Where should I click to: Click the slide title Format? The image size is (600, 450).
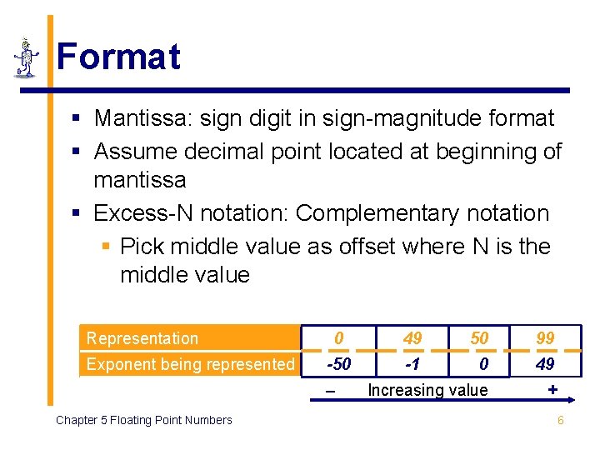pos(118,57)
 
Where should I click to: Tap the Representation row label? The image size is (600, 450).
pos(142,338)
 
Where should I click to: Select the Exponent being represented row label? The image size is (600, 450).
pos(191,364)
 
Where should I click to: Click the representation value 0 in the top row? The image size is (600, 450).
pos(338,338)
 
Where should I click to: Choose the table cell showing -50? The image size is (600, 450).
pos(338,364)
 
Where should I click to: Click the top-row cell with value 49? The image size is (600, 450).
pos(412,338)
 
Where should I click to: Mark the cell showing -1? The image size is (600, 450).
pos(412,364)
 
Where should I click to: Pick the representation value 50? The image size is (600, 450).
pos(479,338)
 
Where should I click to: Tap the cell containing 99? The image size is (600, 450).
pos(546,338)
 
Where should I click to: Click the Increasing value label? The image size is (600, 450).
pos(427,390)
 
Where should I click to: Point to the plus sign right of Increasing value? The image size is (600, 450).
pos(552,389)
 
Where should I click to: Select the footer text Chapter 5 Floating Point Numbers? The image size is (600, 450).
pos(143,420)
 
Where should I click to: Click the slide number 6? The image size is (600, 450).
pos(560,420)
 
